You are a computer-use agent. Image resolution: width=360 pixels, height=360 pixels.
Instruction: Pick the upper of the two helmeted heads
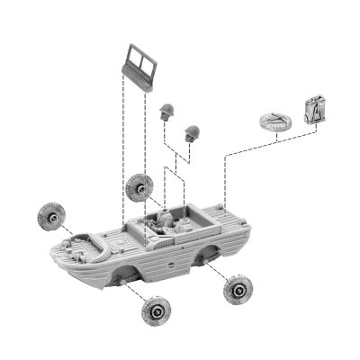click(166, 111)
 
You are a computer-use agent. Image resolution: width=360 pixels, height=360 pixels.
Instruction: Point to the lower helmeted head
click(191, 131)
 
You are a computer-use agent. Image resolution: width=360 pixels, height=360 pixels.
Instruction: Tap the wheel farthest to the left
click(49, 216)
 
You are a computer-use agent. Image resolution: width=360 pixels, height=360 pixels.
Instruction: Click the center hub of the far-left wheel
click(49, 216)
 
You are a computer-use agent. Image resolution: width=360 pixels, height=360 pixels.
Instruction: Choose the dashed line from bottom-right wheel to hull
click(216, 273)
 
